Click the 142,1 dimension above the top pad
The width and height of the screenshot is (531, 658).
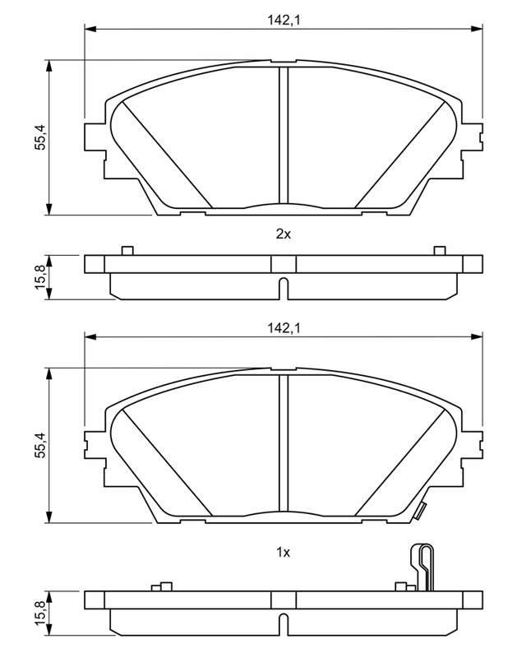coord(284,20)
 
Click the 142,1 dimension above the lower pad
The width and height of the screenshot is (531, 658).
coord(284,327)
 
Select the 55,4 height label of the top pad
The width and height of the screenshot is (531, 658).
coord(40,137)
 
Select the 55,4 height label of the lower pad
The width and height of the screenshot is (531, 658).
coord(40,445)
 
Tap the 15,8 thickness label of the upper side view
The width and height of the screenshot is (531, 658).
coord(40,276)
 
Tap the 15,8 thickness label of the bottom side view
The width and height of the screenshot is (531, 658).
coord(40,613)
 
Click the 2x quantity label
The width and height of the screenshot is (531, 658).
coord(284,234)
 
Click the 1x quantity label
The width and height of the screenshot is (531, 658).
coord(284,553)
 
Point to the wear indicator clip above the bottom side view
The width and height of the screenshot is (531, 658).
coord(421,568)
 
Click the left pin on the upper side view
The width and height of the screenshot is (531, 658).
coord(127,251)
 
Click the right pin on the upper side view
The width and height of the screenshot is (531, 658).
coord(440,251)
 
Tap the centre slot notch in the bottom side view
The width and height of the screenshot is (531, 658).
coord(284,624)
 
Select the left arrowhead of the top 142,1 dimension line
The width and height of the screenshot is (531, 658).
coord(90,29)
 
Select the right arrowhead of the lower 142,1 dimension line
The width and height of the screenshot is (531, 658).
coord(477,336)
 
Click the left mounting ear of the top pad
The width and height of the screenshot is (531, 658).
coord(95,137)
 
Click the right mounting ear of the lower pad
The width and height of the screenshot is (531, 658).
coord(473,444)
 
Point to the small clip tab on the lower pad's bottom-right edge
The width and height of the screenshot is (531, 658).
coord(420,511)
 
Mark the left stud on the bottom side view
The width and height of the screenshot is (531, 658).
coord(162,586)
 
